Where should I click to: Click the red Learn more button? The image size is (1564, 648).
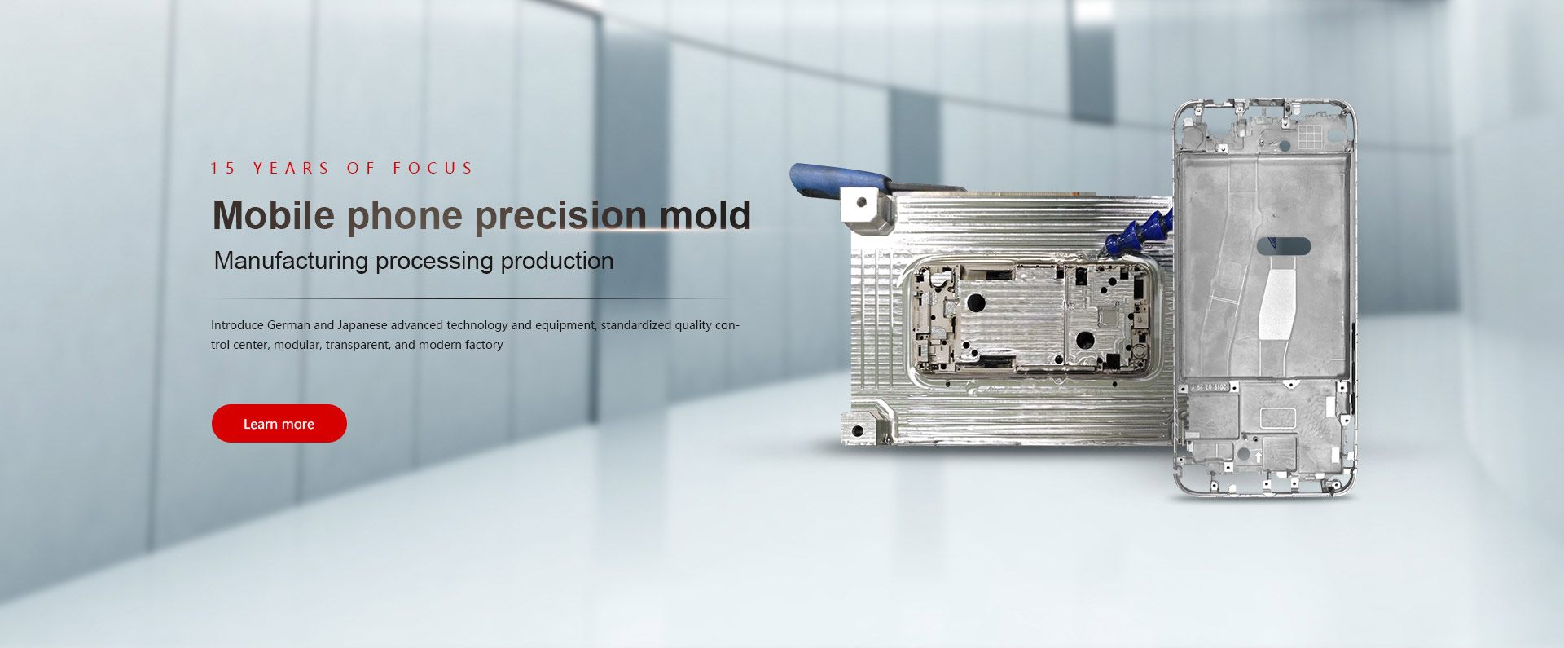click(279, 424)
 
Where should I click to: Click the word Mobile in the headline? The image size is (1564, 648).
click(274, 216)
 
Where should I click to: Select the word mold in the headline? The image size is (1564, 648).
click(705, 216)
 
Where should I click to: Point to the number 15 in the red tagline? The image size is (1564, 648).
click(222, 169)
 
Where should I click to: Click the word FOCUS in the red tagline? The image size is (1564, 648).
click(433, 169)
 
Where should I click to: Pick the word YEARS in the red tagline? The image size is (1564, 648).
click(291, 169)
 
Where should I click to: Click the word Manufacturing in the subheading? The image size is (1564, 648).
click(291, 262)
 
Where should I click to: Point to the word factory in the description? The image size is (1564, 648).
click(484, 346)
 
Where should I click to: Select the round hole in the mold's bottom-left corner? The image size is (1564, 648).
click(858, 430)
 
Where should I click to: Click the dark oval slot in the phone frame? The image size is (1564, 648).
click(1284, 246)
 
